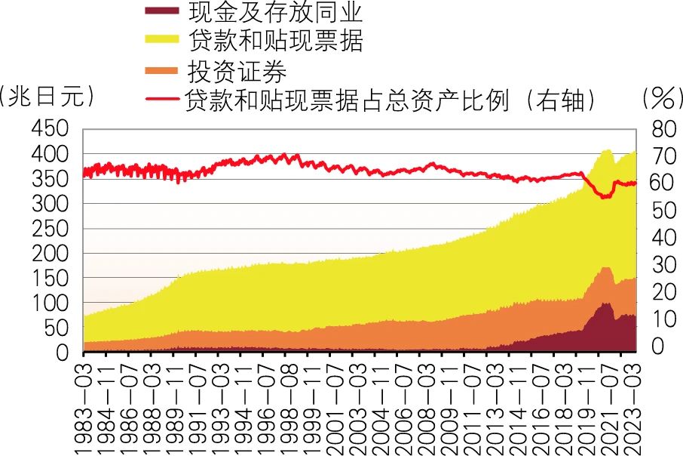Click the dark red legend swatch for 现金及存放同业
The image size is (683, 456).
click(x=161, y=11)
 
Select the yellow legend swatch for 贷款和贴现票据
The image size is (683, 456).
click(x=161, y=40)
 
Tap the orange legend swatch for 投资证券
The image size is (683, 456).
click(x=161, y=72)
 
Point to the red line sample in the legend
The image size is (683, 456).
click(x=161, y=99)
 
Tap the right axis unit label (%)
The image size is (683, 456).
click(x=660, y=98)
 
